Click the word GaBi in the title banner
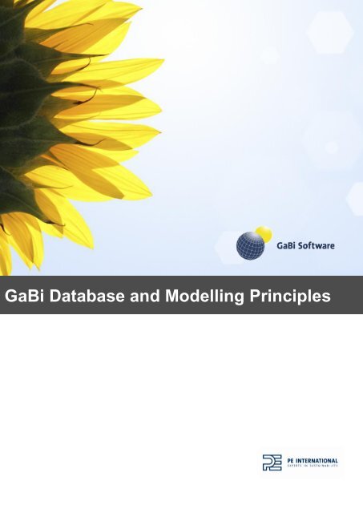pos(23,297)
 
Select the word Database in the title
pos(83,297)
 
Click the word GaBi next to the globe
pos(280,238)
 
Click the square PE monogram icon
pos(272,463)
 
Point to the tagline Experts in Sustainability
pos(312,467)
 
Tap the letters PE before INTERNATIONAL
pos(292,459)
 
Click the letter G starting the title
pos(11,297)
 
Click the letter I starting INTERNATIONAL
pos(299,459)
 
